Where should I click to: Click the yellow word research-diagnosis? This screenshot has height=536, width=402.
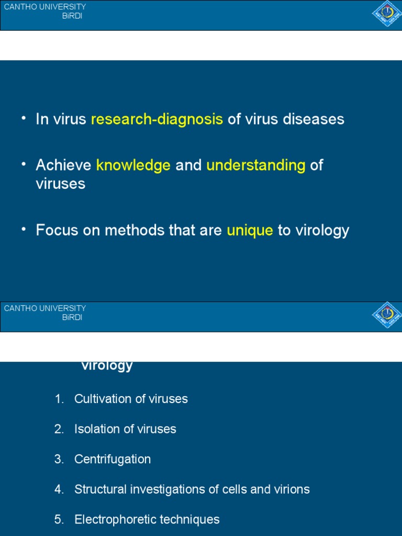coord(157,119)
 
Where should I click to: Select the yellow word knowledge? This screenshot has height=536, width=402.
coord(133,165)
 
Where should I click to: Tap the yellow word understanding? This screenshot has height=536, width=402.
coord(256,165)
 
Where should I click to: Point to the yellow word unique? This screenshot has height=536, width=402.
coord(250,230)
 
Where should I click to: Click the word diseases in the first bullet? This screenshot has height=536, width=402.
coord(314,119)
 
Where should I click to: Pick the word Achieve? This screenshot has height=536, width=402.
coord(63,165)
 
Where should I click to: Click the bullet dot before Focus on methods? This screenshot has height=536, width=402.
coord(24,229)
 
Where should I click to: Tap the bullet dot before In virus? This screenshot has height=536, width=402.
coord(24,118)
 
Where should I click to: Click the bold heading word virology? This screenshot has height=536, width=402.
coord(107,365)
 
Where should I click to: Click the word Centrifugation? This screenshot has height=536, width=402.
coord(113,460)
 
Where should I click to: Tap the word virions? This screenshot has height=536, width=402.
coord(293,489)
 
